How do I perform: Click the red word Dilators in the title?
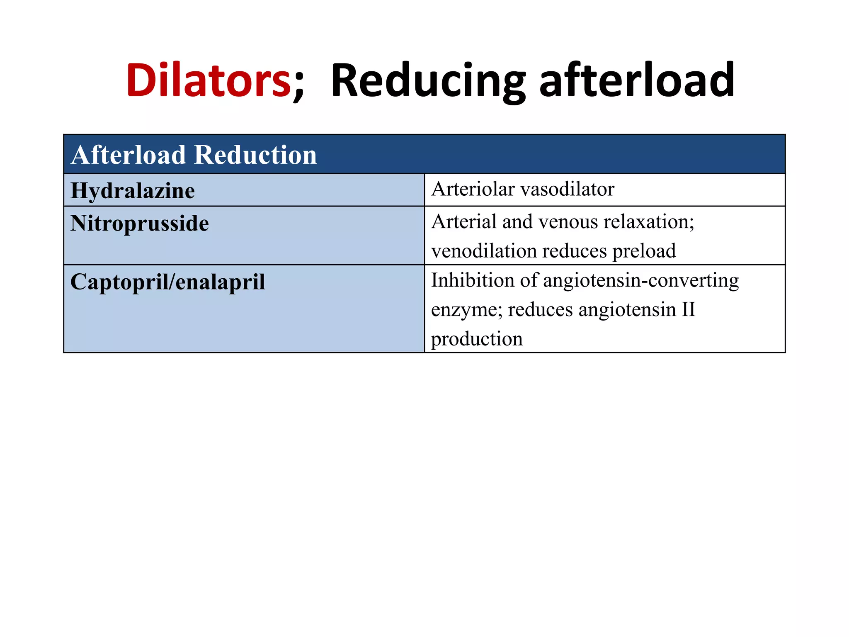pyautogui.click(x=209, y=80)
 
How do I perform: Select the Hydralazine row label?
pyautogui.click(x=132, y=191)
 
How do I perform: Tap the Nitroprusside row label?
pyautogui.click(x=139, y=224)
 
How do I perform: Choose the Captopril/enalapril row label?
pyautogui.click(x=167, y=282)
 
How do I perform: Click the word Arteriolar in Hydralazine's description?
pyautogui.click(x=472, y=189)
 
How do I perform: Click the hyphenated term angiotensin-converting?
pyautogui.click(x=640, y=281)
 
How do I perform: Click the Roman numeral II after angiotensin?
pyautogui.click(x=688, y=309)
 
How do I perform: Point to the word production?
pyautogui.click(x=477, y=339)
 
